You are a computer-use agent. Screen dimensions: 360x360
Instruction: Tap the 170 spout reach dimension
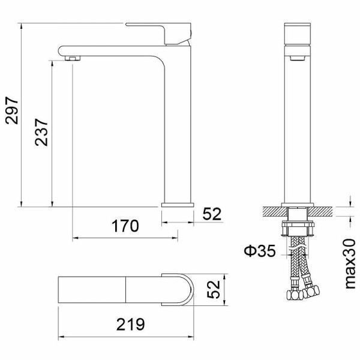pyautogui.click(x=126, y=226)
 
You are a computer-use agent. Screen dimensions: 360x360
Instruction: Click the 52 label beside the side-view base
pyautogui.click(x=212, y=213)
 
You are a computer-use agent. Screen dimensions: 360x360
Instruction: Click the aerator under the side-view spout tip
pyautogui.click(x=73, y=58)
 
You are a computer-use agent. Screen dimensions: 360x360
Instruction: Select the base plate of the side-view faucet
pyautogui.click(x=178, y=205)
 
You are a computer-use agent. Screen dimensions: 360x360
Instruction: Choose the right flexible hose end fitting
pyautogui.click(x=311, y=292)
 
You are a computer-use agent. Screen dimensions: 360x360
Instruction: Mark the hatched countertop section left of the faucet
pyautogui.click(x=273, y=212)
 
